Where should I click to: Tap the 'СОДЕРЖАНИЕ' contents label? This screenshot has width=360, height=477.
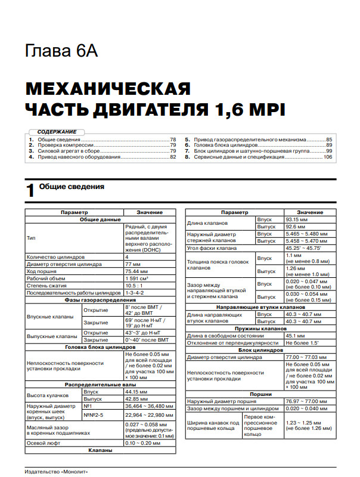pyautogui.click(x=57, y=131)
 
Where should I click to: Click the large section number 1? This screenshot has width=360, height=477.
pyautogui.click(x=30, y=190)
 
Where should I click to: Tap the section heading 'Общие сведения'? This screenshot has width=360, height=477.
pyautogui.click(x=72, y=187)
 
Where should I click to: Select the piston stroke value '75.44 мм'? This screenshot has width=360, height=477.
pyautogui.click(x=136, y=271)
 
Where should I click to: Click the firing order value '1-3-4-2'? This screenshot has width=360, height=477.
pyautogui.click(x=135, y=293)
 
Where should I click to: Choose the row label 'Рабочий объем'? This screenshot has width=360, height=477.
pyautogui.click(x=46, y=278)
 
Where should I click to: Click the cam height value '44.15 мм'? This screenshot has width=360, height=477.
pyautogui.click(x=136, y=392)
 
